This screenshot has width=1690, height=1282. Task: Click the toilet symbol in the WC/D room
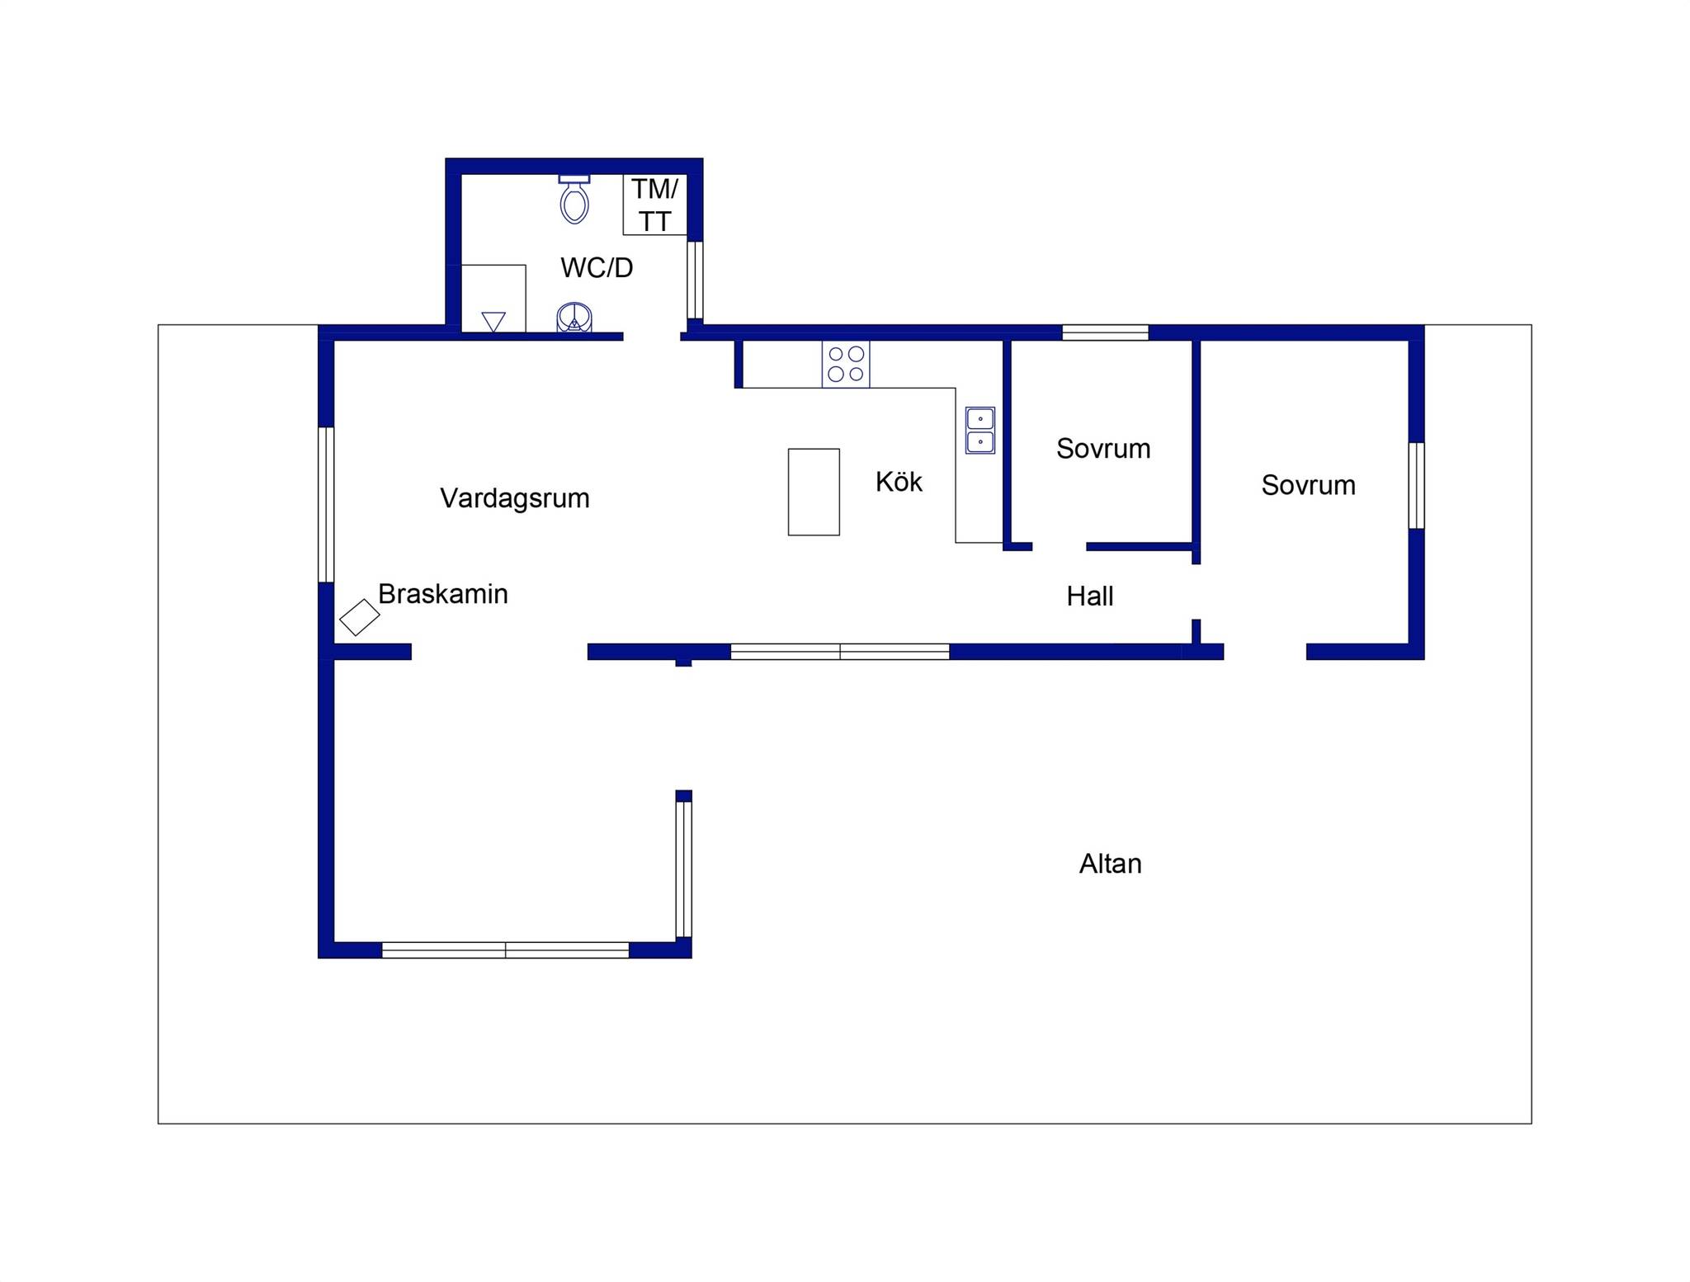coord(574,199)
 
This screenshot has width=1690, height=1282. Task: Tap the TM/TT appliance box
coord(655,205)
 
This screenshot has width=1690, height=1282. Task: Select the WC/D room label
coord(597,267)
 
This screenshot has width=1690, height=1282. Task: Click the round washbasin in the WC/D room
coord(574,318)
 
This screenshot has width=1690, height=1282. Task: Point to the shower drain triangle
coord(493,322)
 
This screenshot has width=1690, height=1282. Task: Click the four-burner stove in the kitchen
coord(846,364)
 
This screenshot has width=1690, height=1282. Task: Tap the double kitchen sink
coord(980,431)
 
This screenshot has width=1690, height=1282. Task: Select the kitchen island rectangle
coord(814,492)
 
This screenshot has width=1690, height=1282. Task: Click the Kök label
coord(899,482)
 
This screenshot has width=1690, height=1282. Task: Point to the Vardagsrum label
coord(515,498)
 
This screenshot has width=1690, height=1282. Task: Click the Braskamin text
coord(443,594)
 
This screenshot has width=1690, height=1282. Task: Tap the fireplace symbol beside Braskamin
coord(360,617)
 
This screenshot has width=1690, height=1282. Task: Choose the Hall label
coord(1090,596)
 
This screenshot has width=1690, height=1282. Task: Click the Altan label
coord(1111,864)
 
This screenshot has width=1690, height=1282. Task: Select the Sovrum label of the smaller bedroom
coord(1103,448)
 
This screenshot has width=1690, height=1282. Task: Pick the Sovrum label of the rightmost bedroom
coord(1309,485)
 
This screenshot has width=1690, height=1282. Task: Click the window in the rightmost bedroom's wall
coord(1416,486)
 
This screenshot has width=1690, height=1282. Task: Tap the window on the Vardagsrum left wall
coord(326,505)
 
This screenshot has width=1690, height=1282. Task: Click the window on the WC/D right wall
coord(695,280)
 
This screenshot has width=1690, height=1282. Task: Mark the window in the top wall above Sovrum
coord(1105,332)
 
